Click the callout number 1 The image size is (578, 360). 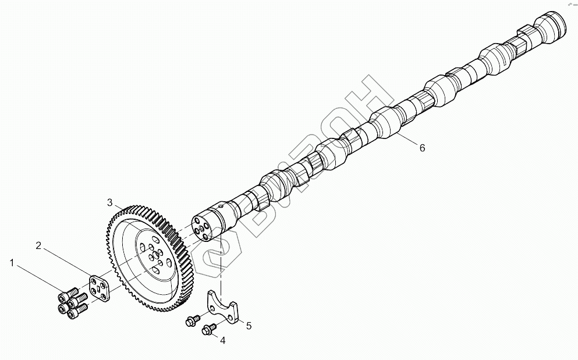[12, 263]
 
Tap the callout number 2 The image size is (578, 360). [38, 245]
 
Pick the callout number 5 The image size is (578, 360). [249, 326]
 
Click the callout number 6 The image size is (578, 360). [422, 148]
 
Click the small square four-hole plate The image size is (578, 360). [98, 289]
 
